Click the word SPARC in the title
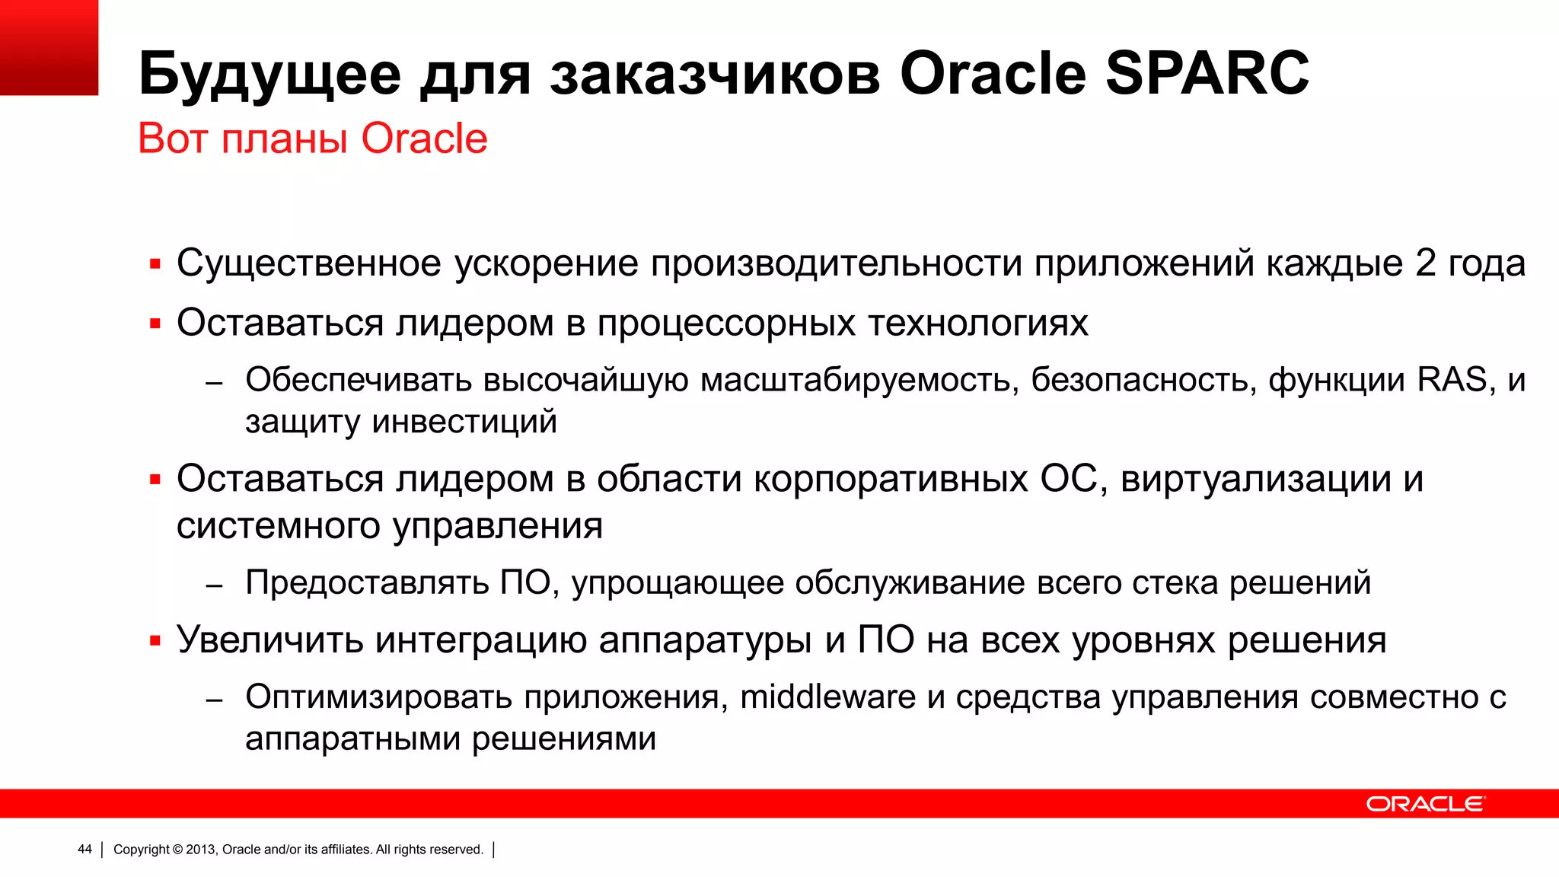(1207, 74)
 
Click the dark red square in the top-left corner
(49, 47)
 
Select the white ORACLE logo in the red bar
(1424, 804)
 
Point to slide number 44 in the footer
(84, 850)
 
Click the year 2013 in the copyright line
(201, 850)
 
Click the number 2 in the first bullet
(1425, 263)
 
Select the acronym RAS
(1452, 380)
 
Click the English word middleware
(827, 697)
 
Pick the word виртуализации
(1255, 480)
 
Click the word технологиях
(977, 323)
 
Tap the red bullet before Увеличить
(155, 641)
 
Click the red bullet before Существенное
(155, 264)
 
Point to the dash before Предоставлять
(214, 585)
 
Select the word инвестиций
(464, 422)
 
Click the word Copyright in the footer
(142, 850)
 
